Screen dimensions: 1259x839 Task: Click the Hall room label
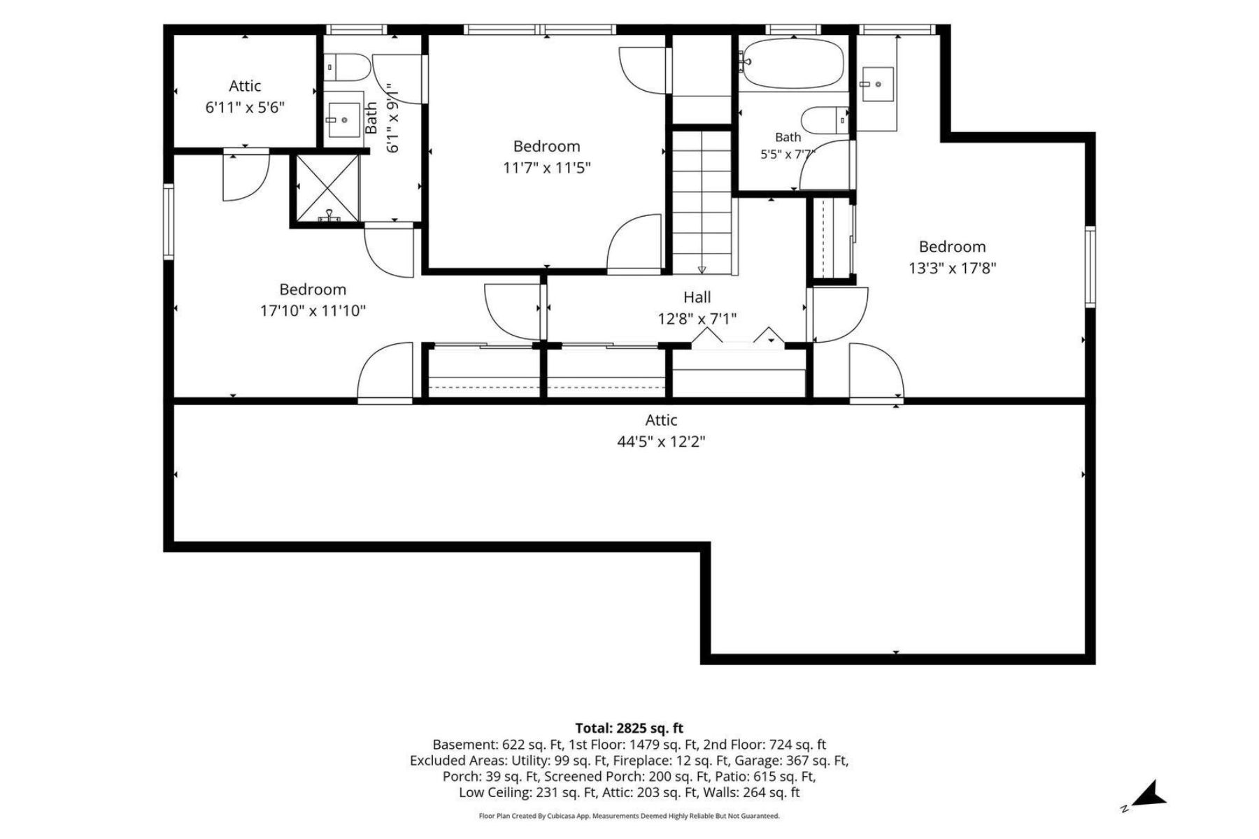click(x=697, y=297)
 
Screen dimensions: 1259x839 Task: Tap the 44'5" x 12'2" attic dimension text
click(x=661, y=442)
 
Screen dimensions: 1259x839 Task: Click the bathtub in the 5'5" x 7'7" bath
click(x=792, y=64)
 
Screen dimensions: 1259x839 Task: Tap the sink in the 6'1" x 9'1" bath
click(x=342, y=120)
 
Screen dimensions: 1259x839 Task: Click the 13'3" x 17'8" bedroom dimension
click(x=952, y=268)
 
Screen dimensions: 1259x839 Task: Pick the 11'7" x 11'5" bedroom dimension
click(x=547, y=168)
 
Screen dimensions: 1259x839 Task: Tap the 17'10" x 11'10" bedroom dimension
click(x=313, y=310)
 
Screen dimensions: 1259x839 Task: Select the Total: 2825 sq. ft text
click(x=629, y=728)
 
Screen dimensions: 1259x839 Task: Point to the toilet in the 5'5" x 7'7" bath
click(x=824, y=120)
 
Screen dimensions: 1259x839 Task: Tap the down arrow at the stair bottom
click(x=702, y=270)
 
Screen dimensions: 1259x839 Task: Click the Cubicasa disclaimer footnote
click(x=629, y=816)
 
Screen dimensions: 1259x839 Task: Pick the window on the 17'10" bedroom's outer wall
click(x=168, y=222)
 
